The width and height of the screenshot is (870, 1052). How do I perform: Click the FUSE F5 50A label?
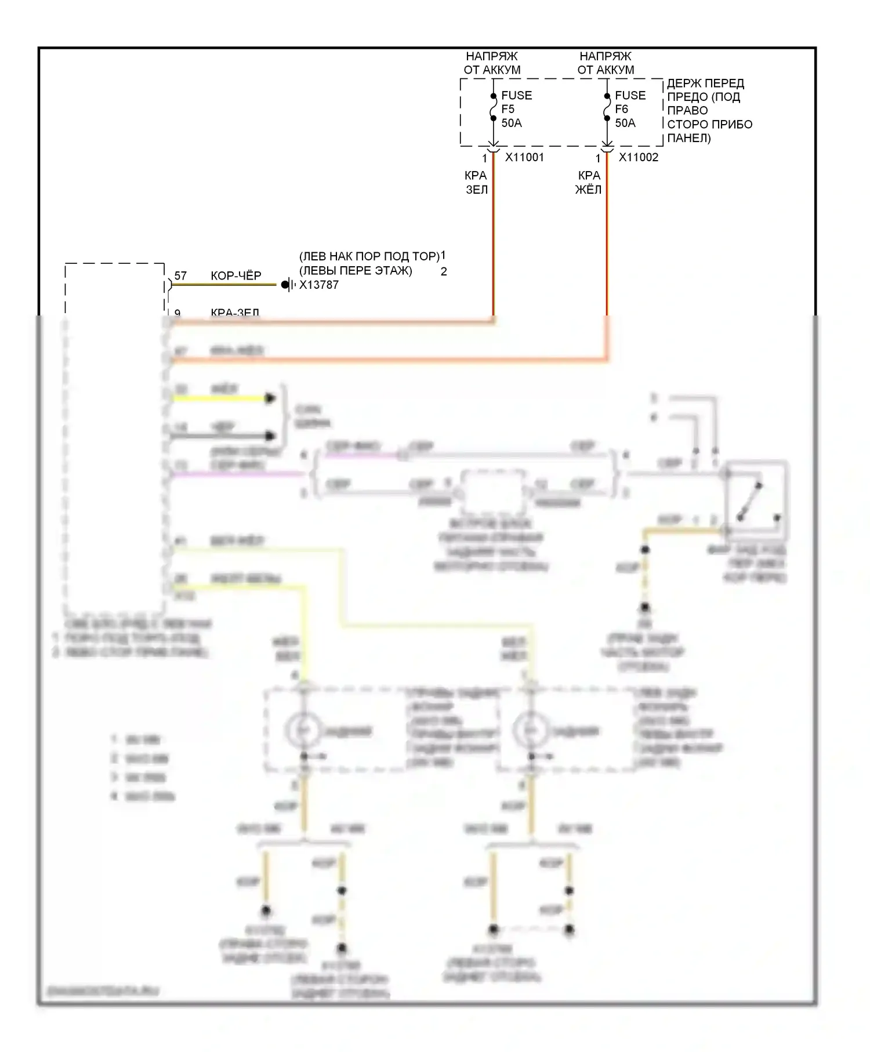(516, 109)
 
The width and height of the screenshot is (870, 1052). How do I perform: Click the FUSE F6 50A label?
(630, 109)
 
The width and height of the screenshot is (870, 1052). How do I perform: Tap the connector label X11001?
(524, 157)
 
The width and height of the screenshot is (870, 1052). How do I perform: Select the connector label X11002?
(639, 157)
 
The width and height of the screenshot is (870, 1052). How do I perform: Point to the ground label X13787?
(319, 285)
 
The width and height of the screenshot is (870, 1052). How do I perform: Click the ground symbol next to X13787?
(287, 285)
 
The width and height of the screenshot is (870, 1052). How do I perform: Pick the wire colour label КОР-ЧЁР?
(236, 275)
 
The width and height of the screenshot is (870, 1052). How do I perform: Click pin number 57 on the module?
(180, 275)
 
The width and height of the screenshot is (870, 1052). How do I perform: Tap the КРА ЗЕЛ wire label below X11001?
(476, 182)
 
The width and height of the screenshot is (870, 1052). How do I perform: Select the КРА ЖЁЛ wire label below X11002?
(589, 182)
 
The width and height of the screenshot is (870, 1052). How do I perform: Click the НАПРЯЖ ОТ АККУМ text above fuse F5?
(492, 63)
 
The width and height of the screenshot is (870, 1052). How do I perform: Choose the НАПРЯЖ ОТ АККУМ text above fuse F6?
(606, 63)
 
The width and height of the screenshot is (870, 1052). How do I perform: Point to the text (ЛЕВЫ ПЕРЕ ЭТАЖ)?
(356, 271)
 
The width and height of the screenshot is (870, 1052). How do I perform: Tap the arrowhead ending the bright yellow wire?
(270, 398)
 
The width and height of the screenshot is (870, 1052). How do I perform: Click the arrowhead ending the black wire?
(270, 436)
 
